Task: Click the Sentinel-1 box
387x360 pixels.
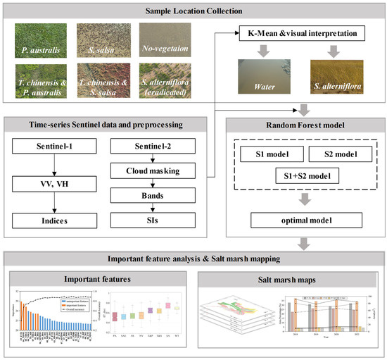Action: click(x=49, y=149)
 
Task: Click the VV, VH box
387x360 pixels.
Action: click(x=49, y=185)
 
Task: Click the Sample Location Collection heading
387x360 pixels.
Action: click(x=193, y=12)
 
